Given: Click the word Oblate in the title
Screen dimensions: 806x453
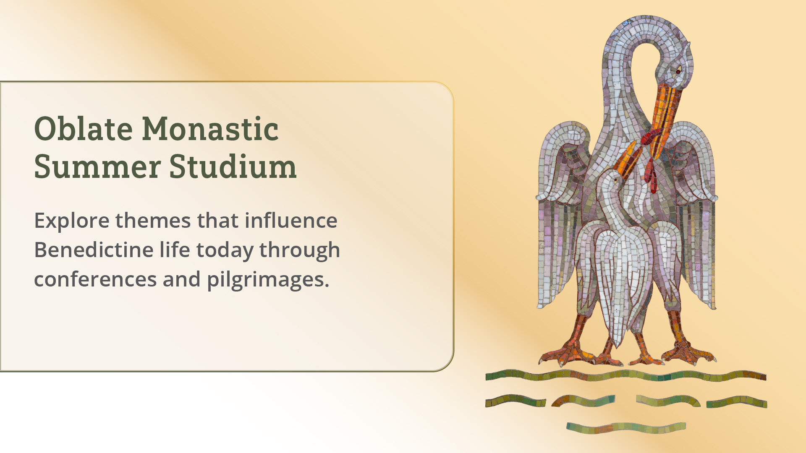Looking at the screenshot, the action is [84, 128].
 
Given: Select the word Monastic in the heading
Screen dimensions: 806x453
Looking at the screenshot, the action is [210, 128].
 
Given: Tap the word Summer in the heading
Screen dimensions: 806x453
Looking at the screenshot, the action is [97, 166].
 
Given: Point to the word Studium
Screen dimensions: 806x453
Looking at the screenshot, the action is [233, 166].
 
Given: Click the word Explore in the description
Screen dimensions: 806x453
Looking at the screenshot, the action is [72, 221].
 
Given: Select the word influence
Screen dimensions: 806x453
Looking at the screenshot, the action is [291, 220].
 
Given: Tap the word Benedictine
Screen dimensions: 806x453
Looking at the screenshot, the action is [94, 250].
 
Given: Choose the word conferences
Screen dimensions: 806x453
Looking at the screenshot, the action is [95, 279].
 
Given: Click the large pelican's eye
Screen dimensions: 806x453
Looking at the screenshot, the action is [678, 72].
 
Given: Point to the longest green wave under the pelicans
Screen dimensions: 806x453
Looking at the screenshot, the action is [625, 375].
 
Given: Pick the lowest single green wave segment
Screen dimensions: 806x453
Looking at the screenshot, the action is [626, 428].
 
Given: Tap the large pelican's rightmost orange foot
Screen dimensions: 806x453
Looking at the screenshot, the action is [688, 352].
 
